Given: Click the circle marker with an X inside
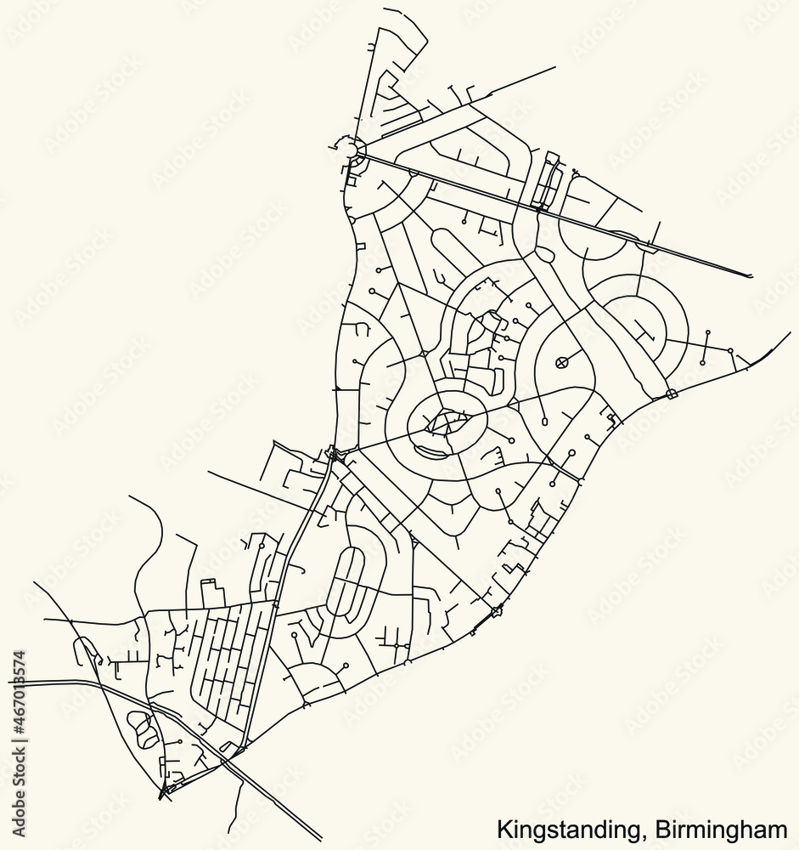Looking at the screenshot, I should (x=560, y=363).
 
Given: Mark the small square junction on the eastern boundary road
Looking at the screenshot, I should (x=672, y=394).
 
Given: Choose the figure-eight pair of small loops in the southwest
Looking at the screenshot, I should (x=142, y=728).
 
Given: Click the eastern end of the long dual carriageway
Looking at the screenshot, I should (x=749, y=275).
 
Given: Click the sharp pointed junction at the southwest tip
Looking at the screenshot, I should (x=160, y=797).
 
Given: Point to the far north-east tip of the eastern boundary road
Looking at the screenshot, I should (x=789, y=333).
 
